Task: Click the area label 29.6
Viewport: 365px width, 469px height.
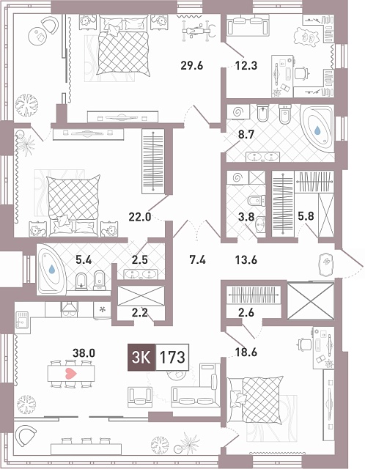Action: (x=192, y=65)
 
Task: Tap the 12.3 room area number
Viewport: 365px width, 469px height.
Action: (x=246, y=65)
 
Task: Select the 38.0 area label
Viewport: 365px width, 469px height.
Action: (x=84, y=353)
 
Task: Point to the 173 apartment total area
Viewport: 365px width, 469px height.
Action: (x=172, y=357)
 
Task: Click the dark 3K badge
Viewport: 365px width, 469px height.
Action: (x=141, y=357)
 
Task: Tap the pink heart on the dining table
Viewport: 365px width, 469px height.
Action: (x=71, y=373)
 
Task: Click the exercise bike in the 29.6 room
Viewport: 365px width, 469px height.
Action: (x=199, y=30)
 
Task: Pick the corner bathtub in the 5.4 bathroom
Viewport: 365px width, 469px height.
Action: (x=51, y=269)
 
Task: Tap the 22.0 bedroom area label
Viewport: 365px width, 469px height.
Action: (x=140, y=217)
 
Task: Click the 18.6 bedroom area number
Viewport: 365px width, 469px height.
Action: (x=246, y=352)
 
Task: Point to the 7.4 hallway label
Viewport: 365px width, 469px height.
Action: (x=198, y=260)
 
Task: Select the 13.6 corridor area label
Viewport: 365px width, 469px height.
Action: (x=246, y=260)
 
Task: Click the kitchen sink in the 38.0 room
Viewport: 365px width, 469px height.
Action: (x=22, y=319)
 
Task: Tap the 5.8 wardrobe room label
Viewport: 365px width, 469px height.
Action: (x=306, y=216)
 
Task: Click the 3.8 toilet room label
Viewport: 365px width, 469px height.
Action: (x=246, y=217)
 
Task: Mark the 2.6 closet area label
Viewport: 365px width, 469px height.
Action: (x=246, y=313)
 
